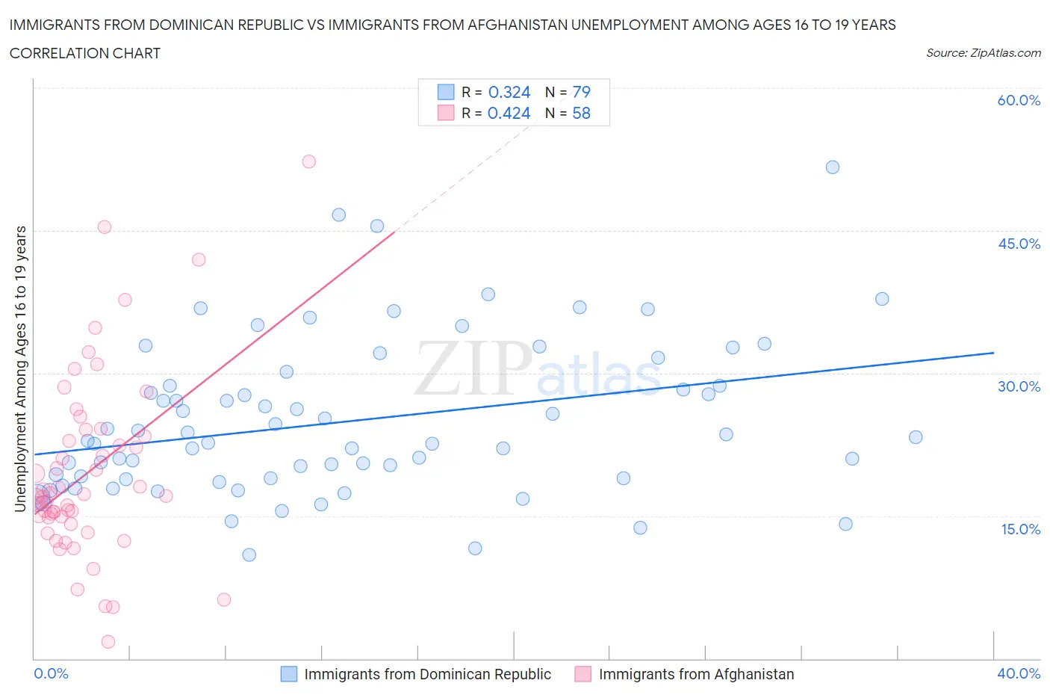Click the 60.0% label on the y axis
pyautogui.click(x=1019, y=100)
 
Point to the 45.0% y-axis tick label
pyautogui.click(x=1019, y=244)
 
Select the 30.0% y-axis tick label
pyautogui.click(x=1019, y=386)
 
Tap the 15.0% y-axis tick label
pyautogui.click(x=1019, y=529)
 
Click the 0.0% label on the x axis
pyautogui.click(x=51, y=673)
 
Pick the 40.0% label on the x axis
pyautogui.click(x=1019, y=673)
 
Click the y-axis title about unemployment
pyautogui.click(x=20, y=368)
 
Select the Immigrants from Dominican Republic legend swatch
pyautogui.click(x=289, y=674)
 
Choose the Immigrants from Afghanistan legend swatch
pyautogui.click(x=583, y=674)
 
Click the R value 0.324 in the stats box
pyautogui.click(x=509, y=92)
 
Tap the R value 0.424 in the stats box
pyautogui.click(x=509, y=113)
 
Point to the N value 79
pyautogui.click(x=581, y=92)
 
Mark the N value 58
pyautogui.click(x=581, y=113)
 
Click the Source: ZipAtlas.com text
pyautogui.click(x=983, y=52)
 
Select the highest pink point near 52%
pyautogui.click(x=308, y=161)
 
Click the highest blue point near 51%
pyautogui.click(x=832, y=167)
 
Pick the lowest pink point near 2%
pyautogui.click(x=108, y=642)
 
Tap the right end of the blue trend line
pyautogui.click(x=993, y=352)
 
